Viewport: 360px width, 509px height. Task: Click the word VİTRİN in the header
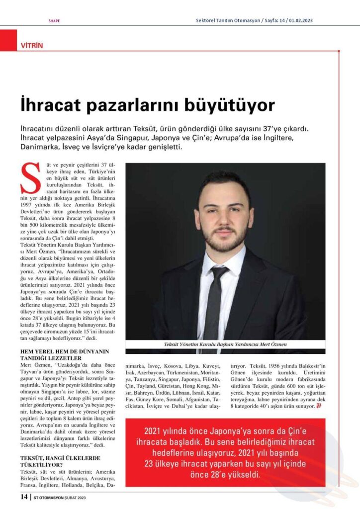[32, 45]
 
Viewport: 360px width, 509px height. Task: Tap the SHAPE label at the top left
[54, 21]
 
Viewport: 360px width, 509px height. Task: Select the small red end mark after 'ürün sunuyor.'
[319, 406]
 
